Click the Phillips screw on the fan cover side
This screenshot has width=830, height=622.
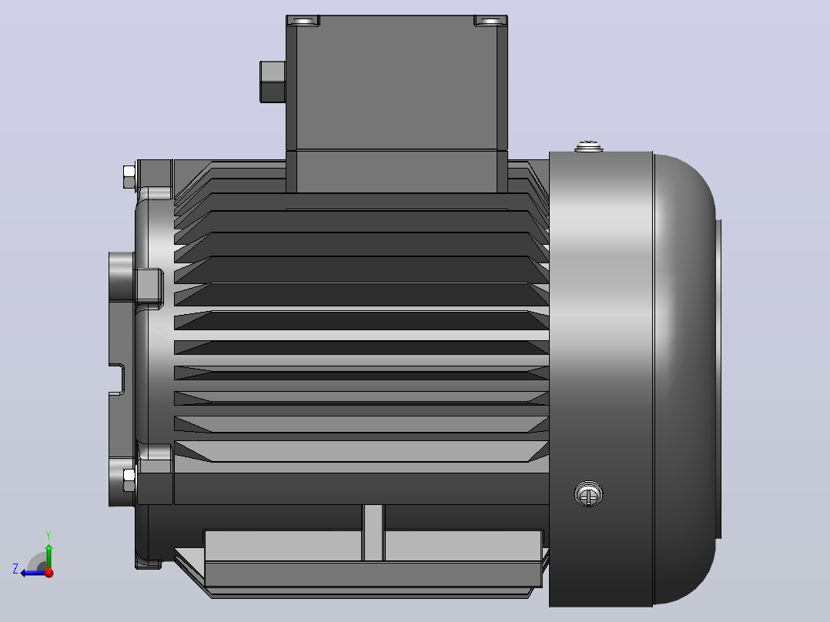(x=588, y=494)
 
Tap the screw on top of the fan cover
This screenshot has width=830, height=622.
(x=588, y=146)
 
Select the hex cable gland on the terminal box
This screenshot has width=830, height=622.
(x=273, y=82)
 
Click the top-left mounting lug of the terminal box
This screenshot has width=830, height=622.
(x=303, y=21)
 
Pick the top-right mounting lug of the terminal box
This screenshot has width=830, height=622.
(x=490, y=21)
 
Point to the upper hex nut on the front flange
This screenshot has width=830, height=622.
(x=129, y=177)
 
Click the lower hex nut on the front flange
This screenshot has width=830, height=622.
(x=129, y=480)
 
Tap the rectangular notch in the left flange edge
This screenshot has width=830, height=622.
(x=117, y=379)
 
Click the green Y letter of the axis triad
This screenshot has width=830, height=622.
(x=49, y=535)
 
